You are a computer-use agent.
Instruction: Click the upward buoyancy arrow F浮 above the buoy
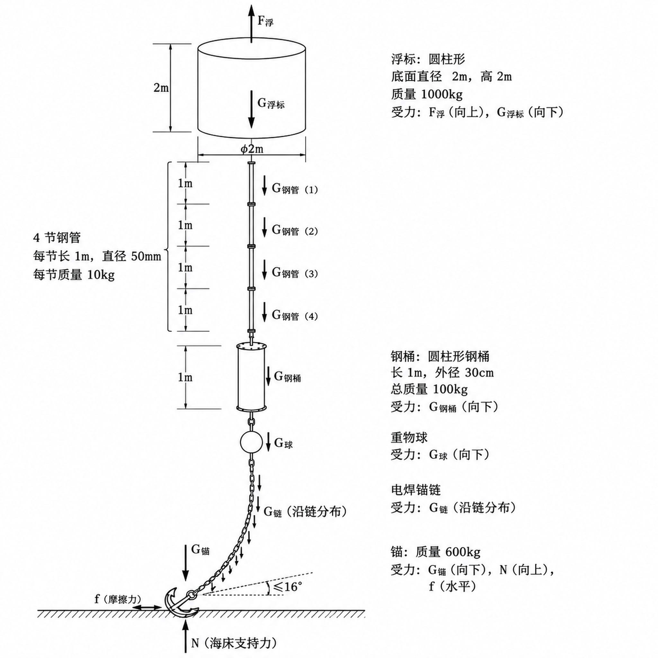click(x=251, y=24)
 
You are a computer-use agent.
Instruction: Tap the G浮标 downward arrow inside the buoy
click(x=251, y=109)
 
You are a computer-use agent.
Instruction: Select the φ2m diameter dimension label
click(x=252, y=149)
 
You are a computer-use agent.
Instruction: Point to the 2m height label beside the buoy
click(x=161, y=87)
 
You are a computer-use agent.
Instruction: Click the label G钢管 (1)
click(x=295, y=189)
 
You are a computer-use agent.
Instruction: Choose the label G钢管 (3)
click(x=295, y=273)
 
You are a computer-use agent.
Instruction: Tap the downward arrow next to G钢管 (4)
click(x=264, y=312)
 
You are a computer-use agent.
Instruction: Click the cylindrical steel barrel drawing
click(x=251, y=378)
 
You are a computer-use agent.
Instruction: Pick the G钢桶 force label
click(x=288, y=376)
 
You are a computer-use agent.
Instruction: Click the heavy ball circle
click(x=251, y=442)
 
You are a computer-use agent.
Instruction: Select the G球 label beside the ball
click(x=283, y=443)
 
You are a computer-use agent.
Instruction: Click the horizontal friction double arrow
click(x=147, y=607)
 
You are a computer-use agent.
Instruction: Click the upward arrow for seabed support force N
click(x=185, y=637)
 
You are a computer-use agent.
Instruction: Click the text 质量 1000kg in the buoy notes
click(x=427, y=94)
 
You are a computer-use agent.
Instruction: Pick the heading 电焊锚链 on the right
click(x=416, y=490)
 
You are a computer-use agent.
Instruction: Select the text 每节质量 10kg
click(x=74, y=274)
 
